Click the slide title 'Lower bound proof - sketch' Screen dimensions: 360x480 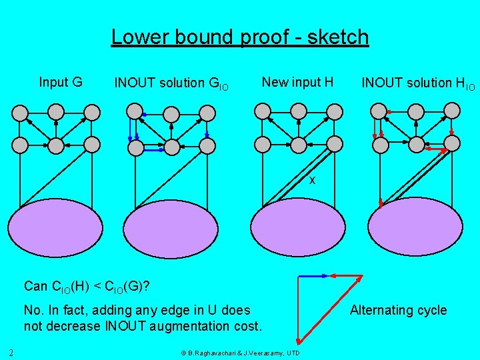click(239, 37)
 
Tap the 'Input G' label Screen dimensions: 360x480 click(61, 82)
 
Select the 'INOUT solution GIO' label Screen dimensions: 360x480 click(171, 83)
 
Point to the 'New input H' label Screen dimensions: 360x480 click(297, 82)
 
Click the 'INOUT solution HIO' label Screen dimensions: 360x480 click(418, 83)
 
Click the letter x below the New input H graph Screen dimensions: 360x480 click(311, 181)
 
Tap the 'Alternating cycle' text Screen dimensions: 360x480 click(398, 310)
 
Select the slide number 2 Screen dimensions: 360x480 click(11, 352)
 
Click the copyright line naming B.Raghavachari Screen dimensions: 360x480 click(240, 353)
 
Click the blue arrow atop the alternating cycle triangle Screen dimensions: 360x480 click(313, 275)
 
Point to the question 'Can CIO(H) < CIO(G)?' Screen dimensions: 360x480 click(86, 287)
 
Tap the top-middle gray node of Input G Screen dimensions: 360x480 click(57, 111)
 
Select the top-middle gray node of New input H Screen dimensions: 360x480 click(299, 111)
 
